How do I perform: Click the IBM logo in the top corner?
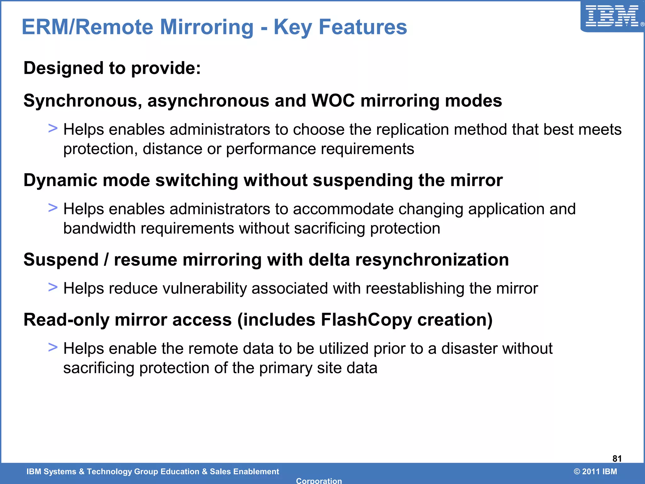pyautogui.click(x=612, y=16)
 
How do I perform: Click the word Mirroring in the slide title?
pyautogui.click(x=207, y=27)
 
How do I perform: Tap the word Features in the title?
pyautogui.click(x=363, y=27)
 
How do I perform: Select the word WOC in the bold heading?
pyautogui.click(x=333, y=101)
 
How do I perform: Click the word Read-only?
pyautogui.click(x=66, y=320)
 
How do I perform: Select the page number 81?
pyautogui.click(x=617, y=458)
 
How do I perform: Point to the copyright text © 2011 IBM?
pyautogui.click(x=595, y=471)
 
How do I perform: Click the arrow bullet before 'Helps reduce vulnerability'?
pyautogui.click(x=53, y=287)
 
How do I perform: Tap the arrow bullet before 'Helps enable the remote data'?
pyautogui.click(x=53, y=347)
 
